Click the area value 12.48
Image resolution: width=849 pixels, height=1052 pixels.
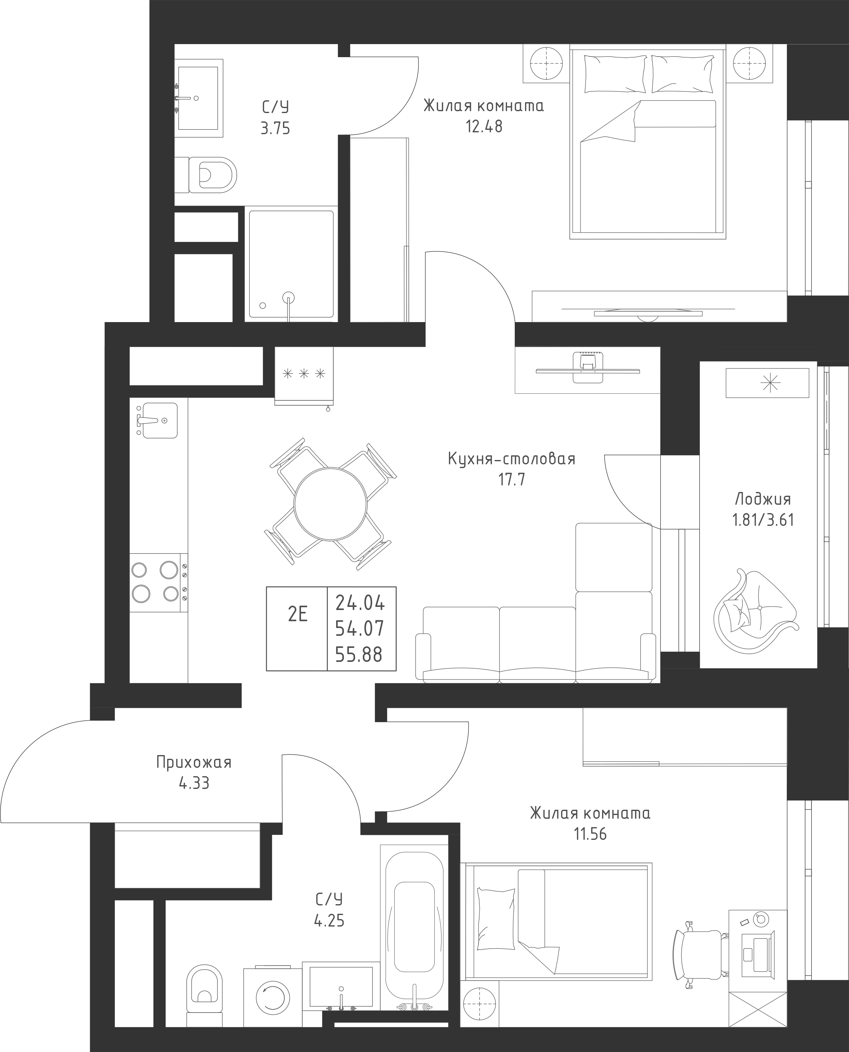(484, 127)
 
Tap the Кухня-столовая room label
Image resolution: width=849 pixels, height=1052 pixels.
(512, 459)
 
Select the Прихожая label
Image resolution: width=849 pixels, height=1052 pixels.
(194, 762)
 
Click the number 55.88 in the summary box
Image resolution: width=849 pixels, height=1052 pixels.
(359, 654)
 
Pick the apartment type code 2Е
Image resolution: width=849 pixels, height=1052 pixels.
(297, 614)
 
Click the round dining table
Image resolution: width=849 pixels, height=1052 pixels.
(330, 503)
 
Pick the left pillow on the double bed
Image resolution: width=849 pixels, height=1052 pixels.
(615, 73)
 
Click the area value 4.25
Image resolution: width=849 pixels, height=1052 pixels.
(329, 921)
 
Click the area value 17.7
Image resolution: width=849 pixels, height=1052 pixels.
(512, 480)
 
